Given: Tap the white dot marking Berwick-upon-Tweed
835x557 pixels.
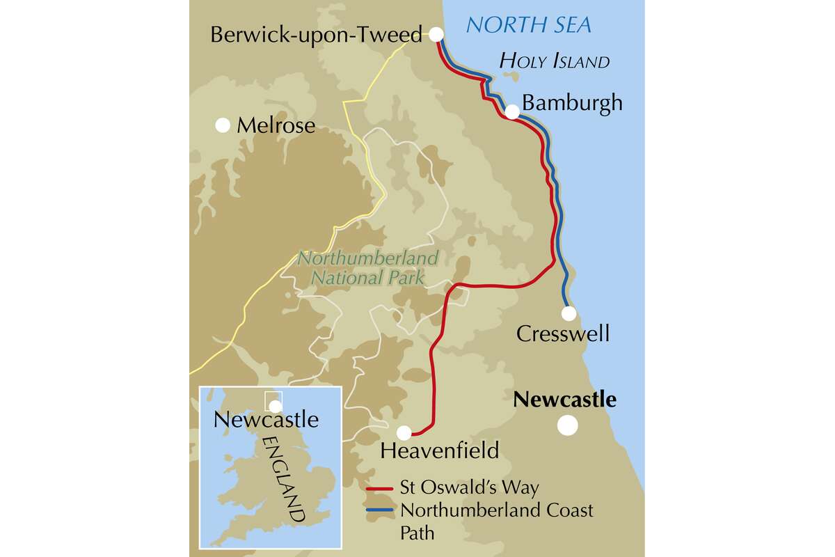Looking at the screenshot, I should coord(436,34).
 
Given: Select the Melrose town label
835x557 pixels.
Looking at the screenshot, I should coord(276,126).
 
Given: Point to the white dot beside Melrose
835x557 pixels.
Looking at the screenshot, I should coord(223,125).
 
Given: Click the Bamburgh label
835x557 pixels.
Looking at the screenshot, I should coord(572,104).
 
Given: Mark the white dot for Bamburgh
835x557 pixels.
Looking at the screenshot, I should coord(511,111).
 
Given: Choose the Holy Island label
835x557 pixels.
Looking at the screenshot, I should coord(555,61).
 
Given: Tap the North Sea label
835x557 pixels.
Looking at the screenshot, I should coord(528,25).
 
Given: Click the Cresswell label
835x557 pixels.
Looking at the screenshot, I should coord(563,334).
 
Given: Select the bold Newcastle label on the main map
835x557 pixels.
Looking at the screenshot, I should coord(564,400).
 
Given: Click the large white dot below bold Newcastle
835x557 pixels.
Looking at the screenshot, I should coord(568,425).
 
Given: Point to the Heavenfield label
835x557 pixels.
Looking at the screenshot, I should coord(440,450).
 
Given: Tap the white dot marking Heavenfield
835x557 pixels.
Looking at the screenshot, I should coord(404,432).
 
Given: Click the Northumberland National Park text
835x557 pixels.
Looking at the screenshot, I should coord(368,268).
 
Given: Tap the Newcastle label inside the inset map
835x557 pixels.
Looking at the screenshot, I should coord(266,421).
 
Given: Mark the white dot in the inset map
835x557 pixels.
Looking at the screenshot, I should coord(276,406).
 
